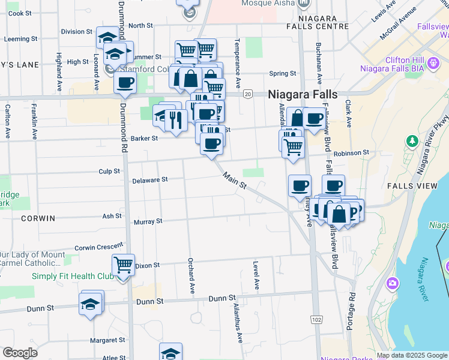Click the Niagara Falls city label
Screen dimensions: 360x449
point(303,95)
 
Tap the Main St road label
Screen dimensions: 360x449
point(235,181)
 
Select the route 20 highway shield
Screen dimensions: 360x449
point(247,94)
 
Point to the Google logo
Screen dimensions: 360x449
point(20,353)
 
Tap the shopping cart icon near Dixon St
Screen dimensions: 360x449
point(123,264)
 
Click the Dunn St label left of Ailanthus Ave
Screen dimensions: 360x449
point(222,298)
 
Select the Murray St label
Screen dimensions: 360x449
point(148,221)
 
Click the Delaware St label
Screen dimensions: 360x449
point(149,179)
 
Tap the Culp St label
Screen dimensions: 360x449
point(109,171)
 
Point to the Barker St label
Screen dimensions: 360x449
point(145,138)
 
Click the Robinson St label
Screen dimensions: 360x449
point(352,152)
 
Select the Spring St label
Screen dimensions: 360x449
point(283,74)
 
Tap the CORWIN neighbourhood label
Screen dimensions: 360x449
point(38,218)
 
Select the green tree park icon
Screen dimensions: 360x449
point(412,142)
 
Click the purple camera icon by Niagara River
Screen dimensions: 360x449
point(393,283)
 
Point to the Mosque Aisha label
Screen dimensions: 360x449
point(268,3)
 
